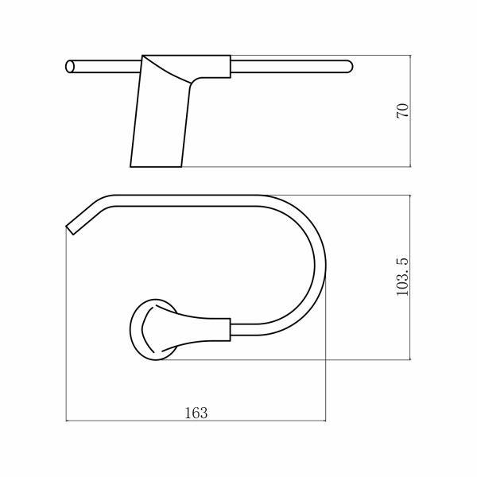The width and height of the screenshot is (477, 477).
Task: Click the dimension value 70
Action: [x=402, y=111]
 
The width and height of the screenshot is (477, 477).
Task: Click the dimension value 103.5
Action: [x=402, y=277]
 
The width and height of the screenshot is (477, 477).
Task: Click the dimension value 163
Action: [x=196, y=413]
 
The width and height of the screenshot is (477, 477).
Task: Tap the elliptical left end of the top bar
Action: [x=70, y=67]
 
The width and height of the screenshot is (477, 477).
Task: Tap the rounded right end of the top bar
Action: [x=349, y=67]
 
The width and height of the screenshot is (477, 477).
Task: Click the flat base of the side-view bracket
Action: [x=156, y=167]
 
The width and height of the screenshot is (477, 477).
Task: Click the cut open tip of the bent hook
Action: [x=70, y=231]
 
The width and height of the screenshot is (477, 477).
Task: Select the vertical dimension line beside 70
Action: [x=410, y=111]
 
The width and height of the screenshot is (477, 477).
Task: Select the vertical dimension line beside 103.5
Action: [x=410, y=277]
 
